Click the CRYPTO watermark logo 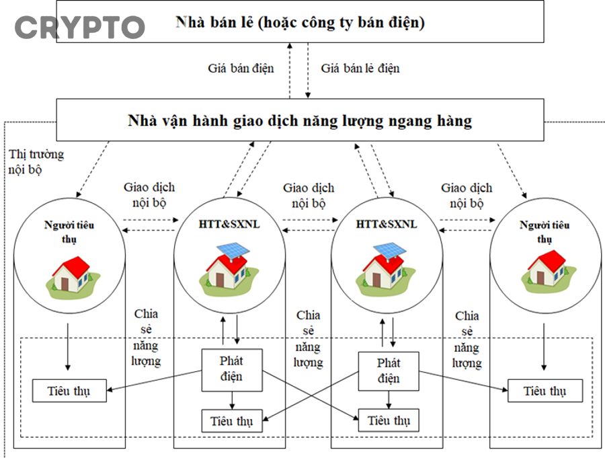click(x=80, y=27)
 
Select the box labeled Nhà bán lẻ click(x=300, y=22)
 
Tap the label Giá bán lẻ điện click(x=360, y=68)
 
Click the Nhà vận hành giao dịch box click(x=300, y=121)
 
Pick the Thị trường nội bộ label click(x=36, y=161)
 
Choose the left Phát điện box click(x=232, y=369)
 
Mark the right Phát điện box click(x=389, y=370)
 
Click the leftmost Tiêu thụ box click(x=69, y=391)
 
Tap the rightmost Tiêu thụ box click(x=544, y=391)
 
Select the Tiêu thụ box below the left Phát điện click(x=232, y=421)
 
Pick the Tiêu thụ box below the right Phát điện click(x=389, y=420)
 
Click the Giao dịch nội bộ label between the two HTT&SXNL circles click(x=309, y=195)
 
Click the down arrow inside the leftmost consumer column click(x=68, y=346)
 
